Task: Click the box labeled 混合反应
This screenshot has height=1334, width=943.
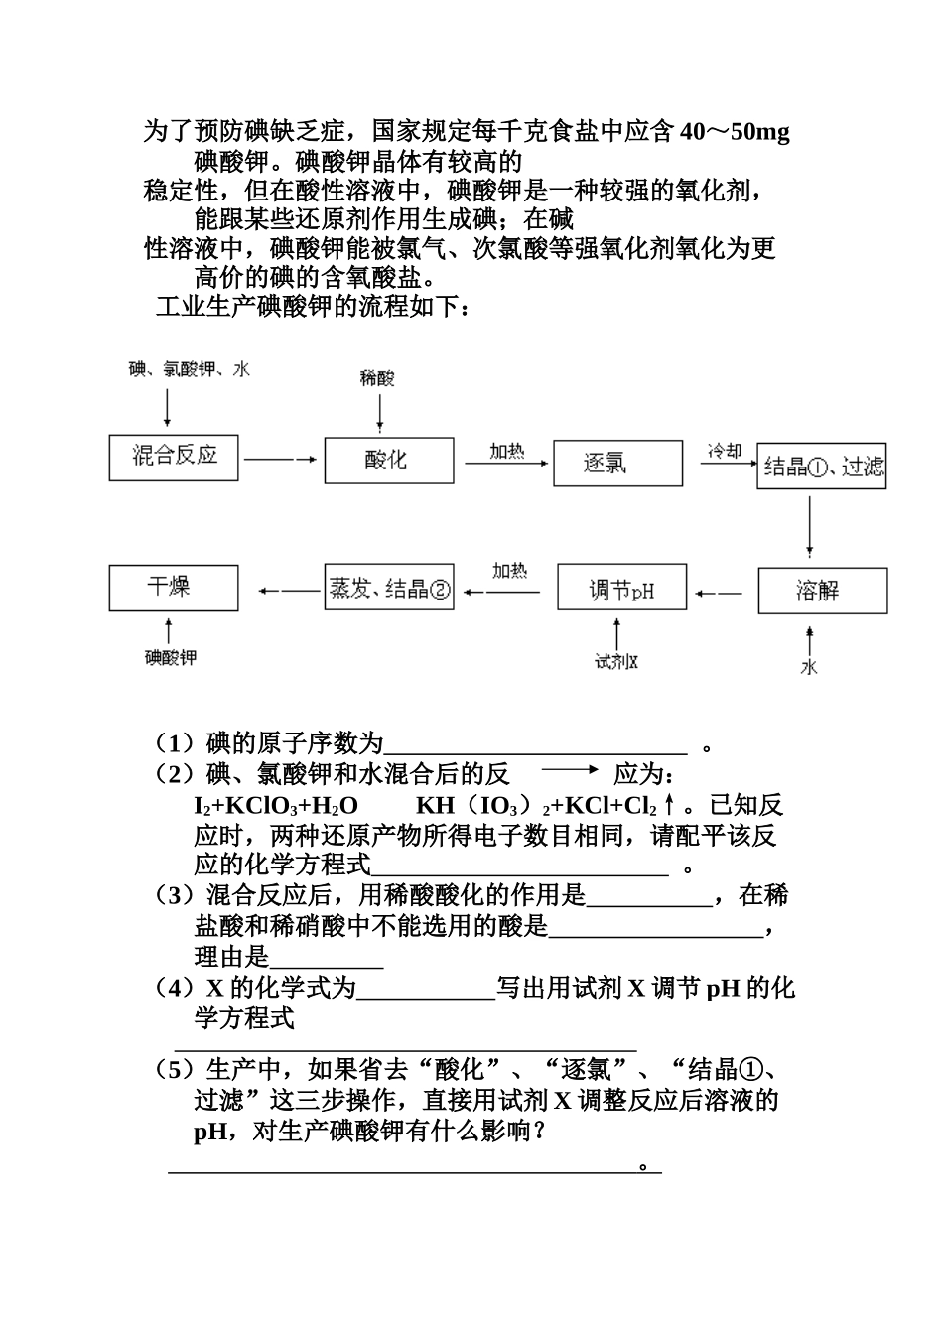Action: (x=174, y=457)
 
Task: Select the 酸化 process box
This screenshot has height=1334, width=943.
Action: (x=388, y=459)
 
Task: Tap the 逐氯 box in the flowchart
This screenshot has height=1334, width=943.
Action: (x=617, y=463)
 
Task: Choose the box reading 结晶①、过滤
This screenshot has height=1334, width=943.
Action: (x=822, y=467)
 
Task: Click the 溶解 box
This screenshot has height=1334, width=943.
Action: (x=822, y=592)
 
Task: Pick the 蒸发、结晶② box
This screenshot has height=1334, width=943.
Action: (x=389, y=589)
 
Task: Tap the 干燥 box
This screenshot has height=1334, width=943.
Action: (x=174, y=588)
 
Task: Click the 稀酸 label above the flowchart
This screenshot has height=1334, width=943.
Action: (x=377, y=378)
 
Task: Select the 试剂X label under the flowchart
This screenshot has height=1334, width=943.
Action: (x=616, y=661)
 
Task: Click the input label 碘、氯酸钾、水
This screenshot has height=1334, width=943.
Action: (x=190, y=369)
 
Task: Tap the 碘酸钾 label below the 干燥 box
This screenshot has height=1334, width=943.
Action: (x=171, y=657)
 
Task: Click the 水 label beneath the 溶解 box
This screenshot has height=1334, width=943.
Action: (x=810, y=667)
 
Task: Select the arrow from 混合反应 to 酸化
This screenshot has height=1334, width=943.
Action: (x=282, y=459)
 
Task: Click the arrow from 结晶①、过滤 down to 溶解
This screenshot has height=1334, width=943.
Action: (x=811, y=526)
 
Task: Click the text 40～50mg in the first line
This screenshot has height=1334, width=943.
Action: (x=735, y=132)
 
